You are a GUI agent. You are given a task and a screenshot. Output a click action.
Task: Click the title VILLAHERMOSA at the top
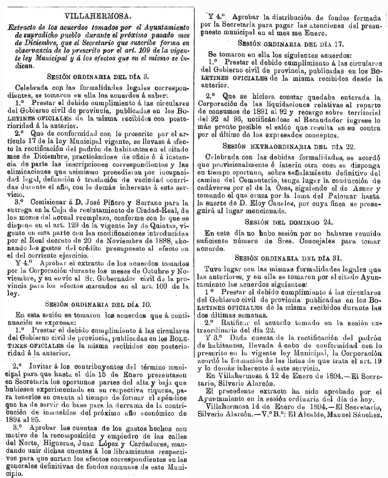[x=97, y=17]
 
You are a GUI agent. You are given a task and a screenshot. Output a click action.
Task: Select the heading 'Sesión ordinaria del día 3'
[x=97, y=77]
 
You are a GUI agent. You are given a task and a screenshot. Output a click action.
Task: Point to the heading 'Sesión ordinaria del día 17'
[x=291, y=43]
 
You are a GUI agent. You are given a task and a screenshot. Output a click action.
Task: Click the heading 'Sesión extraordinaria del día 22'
[x=291, y=146]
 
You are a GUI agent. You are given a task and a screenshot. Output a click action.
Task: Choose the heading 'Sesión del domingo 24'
[x=291, y=222]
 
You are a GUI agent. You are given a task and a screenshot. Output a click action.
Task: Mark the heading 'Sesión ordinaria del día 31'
[x=291, y=258]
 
